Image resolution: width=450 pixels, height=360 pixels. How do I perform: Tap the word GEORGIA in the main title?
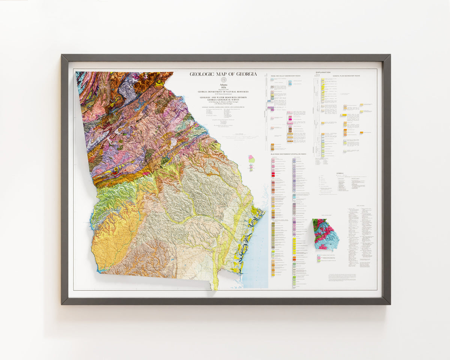click(x=246, y=74)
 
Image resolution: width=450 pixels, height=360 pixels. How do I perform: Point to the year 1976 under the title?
click(x=223, y=87)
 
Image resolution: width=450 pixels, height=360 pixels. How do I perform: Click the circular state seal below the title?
click(x=223, y=80)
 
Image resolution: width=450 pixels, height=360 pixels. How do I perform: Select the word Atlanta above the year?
click(x=223, y=84)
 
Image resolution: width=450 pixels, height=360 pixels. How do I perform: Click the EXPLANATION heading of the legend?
click(x=323, y=72)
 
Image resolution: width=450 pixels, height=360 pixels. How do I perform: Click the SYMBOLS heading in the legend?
click(x=340, y=173)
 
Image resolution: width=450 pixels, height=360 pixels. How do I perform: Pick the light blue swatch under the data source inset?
click(x=319, y=255)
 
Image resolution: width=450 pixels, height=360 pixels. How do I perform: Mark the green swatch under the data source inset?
click(x=319, y=261)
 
